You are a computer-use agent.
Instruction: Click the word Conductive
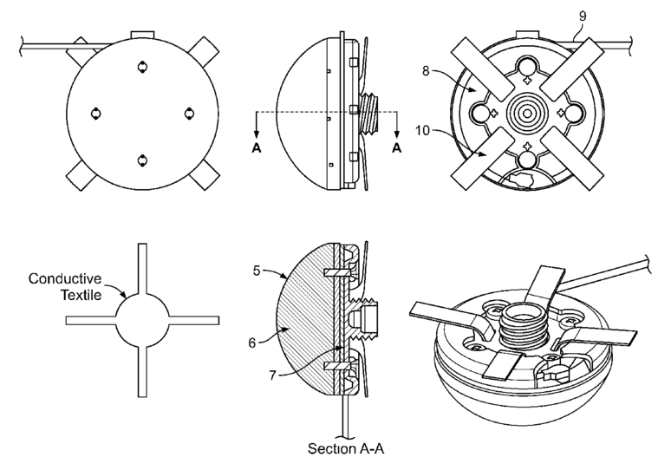click(x=65, y=278)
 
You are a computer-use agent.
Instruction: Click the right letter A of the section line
click(x=397, y=147)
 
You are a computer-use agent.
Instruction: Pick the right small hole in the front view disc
click(x=188, y=113)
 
